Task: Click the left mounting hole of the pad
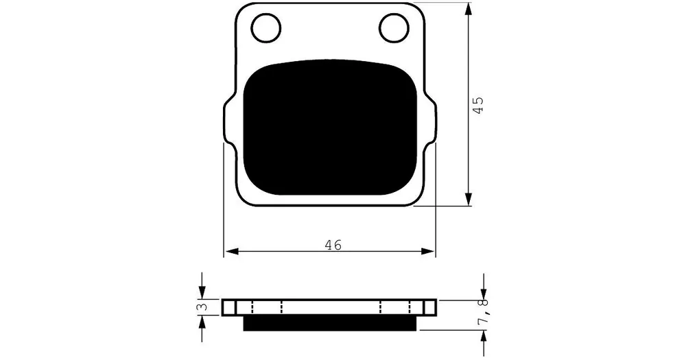pyautogui.click(x=266, y=28)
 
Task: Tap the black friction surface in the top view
pyautogui.click(x=330, y=128)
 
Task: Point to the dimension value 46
pyautogui.click(x=333, y=245)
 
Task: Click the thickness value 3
pyautogui.click(x=202, y=307)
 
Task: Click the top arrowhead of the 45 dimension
pyautogui.click(x=469, y=10)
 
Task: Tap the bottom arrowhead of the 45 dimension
pyautogui.click(x=469, y=199)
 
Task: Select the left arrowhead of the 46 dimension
pyautogui.click(x=231, y=252)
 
